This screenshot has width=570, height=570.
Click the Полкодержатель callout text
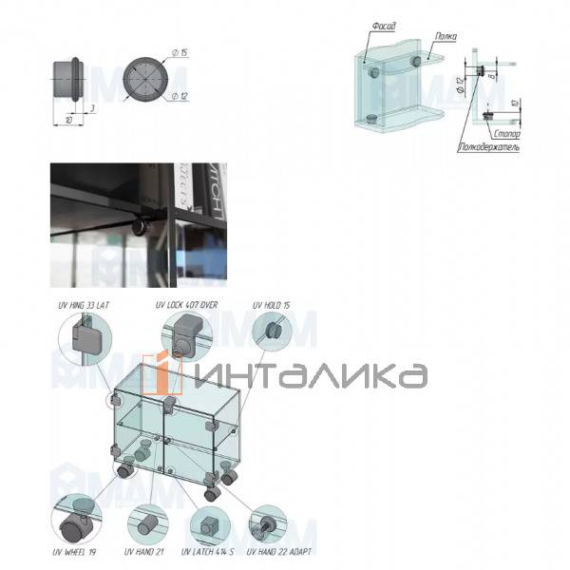(x=488, y=147)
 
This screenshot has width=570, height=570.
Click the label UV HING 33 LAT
(x=85, y=305)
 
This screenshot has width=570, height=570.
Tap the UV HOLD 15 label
(x=271, y=305)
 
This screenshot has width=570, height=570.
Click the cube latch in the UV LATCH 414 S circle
(x=206, y=523)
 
